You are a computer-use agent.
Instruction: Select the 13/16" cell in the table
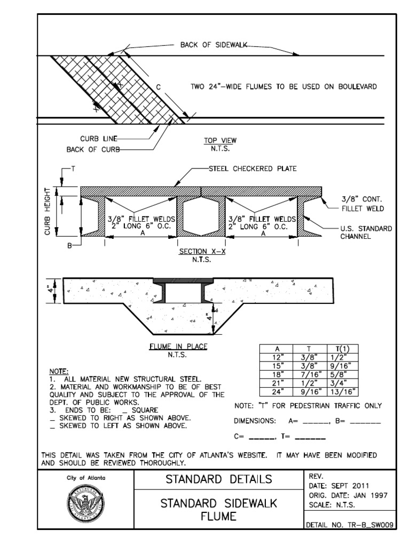344,392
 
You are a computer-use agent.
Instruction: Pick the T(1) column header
344,349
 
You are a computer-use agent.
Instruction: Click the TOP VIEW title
219,141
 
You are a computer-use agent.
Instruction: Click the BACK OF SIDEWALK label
213,45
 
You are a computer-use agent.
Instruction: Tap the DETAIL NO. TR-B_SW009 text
350,525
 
